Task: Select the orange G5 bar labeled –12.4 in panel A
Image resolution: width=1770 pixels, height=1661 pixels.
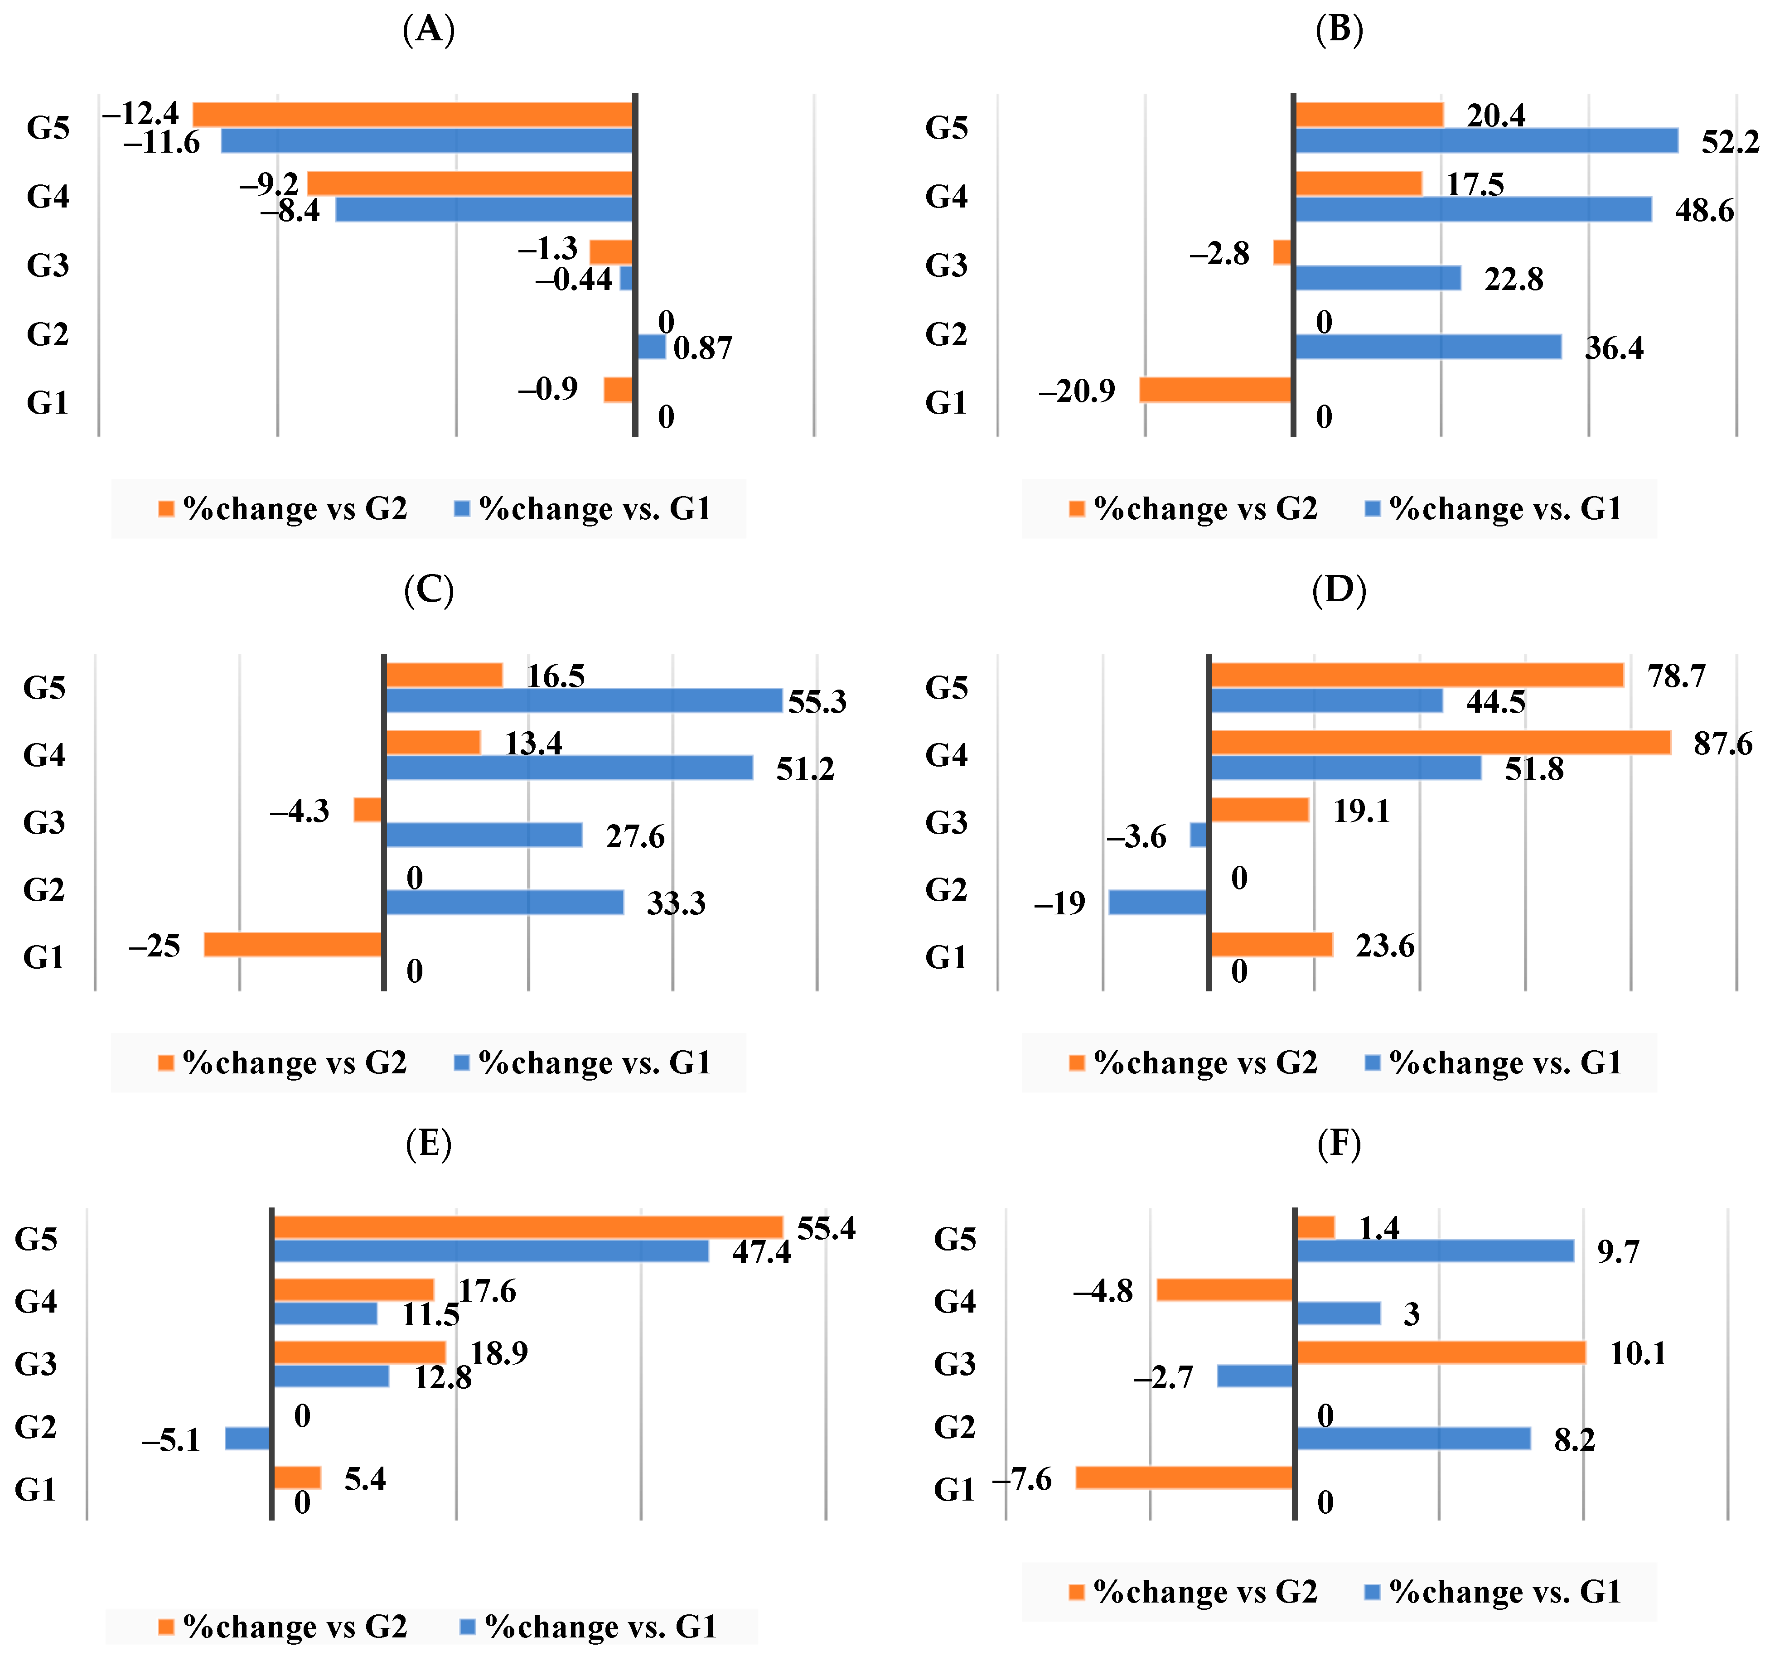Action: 412,114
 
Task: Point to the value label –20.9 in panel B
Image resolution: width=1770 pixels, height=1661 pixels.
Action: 1076,391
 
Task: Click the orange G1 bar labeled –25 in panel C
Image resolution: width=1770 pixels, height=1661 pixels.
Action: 293,944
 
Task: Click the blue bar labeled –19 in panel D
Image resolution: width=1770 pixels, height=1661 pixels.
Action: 1157,903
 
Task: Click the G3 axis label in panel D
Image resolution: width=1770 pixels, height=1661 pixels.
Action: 946,822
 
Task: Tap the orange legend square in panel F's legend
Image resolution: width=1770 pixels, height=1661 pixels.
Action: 1076,1592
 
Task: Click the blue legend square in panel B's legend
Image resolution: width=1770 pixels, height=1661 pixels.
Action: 1372,508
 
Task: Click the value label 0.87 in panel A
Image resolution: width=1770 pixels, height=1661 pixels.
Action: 702,348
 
